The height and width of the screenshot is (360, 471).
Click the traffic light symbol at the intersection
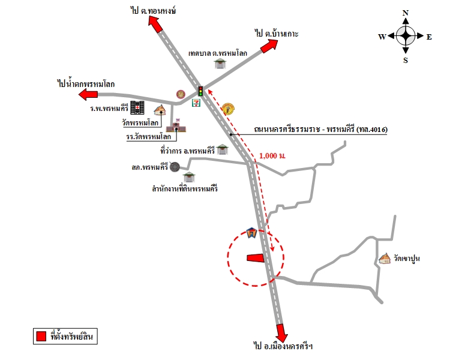[200, 91]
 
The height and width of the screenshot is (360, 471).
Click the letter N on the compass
[406, 13]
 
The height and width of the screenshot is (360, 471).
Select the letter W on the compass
[382, 37]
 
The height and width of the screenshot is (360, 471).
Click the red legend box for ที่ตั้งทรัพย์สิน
[40, 337]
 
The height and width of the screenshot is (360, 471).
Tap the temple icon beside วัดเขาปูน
[385, 259]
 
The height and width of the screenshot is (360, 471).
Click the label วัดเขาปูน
[406, 259]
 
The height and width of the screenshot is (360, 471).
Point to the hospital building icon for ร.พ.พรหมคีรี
[138, 107]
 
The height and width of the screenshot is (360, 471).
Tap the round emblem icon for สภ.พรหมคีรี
[174, 167]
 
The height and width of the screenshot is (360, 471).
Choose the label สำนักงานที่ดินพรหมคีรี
[184, 188]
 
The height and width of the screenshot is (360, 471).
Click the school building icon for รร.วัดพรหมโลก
[177, 126]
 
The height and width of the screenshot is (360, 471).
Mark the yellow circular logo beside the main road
[227, 109]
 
